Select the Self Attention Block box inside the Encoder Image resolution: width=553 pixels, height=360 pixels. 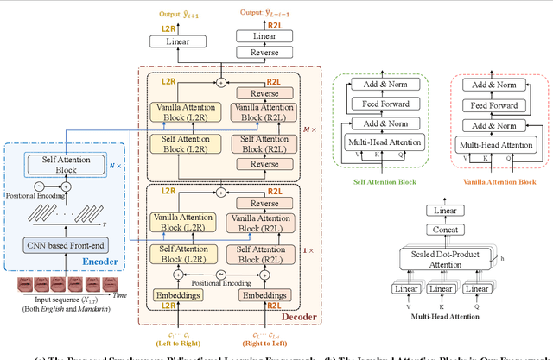(x=61, y=163)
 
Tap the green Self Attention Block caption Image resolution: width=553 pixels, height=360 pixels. (x=383, y=181)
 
